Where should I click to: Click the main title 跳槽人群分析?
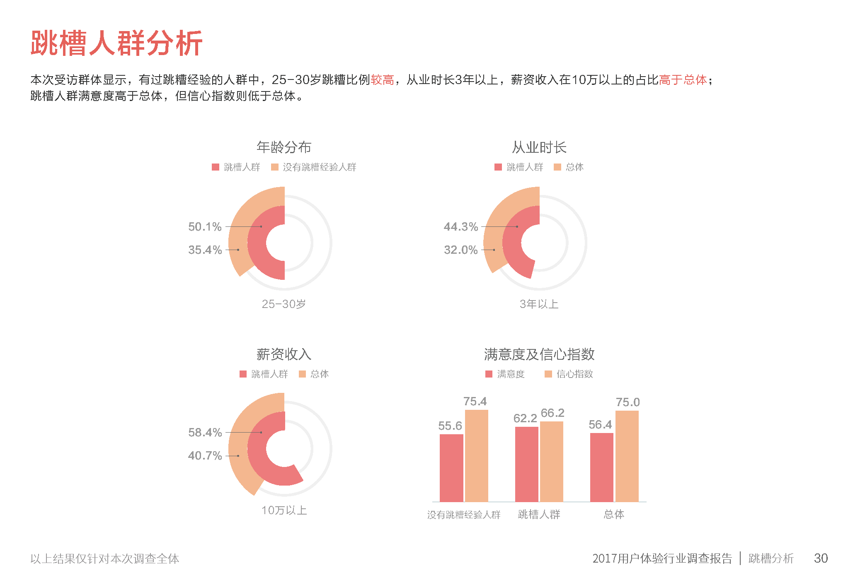(x=116, y=43)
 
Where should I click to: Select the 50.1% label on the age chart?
(x=205, y=227)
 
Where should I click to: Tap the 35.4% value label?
(x=205, y=250)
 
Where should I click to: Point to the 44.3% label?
(x=460, y=227)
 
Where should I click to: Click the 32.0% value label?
(x=460, y=250)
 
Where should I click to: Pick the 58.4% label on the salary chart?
(x=205, y=433)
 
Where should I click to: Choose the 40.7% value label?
(x=205, y=456)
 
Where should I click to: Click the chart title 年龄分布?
(x=284, y=147)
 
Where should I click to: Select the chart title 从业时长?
(x=539, y=147)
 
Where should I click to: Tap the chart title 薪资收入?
(x=284, y=354)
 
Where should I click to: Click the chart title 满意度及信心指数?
(x=539, y=354)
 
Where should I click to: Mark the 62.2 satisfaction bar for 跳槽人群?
(x=526, y=464)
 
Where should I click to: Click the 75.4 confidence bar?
(x=476, y=455)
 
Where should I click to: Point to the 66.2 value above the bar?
(x=552, y=413)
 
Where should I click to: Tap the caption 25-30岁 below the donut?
(x=284, y=304)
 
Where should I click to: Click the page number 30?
(x=821, y=558)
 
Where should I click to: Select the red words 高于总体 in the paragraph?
(x=683, y=80)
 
